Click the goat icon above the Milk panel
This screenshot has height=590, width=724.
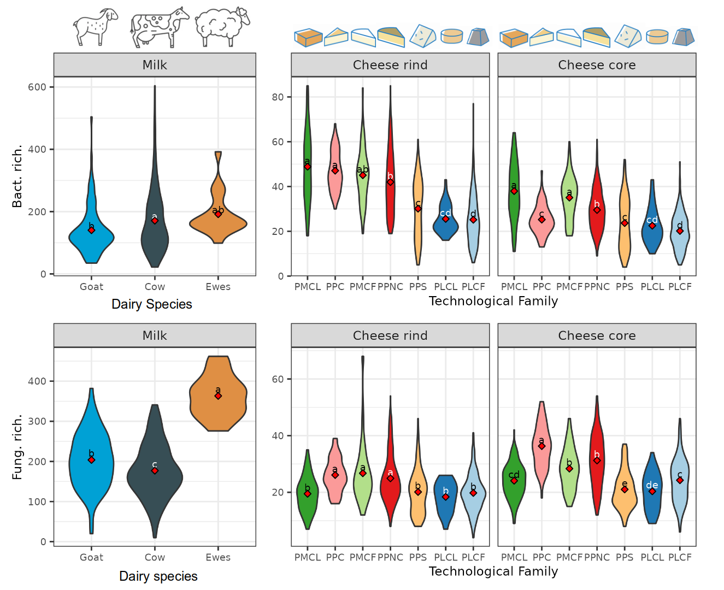95,26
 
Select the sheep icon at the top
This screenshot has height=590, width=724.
221,26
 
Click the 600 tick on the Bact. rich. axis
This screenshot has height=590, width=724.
37,87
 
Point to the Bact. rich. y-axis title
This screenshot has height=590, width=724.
17,176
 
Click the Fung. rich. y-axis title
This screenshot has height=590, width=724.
17,447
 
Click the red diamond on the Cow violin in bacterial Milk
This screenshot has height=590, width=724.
155,221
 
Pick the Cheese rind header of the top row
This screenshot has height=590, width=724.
390,65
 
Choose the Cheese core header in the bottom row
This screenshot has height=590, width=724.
597,335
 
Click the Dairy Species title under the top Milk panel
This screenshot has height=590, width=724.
152,304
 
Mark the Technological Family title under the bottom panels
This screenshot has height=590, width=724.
493,571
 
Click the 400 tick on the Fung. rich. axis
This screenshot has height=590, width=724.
37,381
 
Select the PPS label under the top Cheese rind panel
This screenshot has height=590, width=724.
418,287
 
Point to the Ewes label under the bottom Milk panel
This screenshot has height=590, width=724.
218,557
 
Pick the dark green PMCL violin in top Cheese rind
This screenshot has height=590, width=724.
308,180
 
